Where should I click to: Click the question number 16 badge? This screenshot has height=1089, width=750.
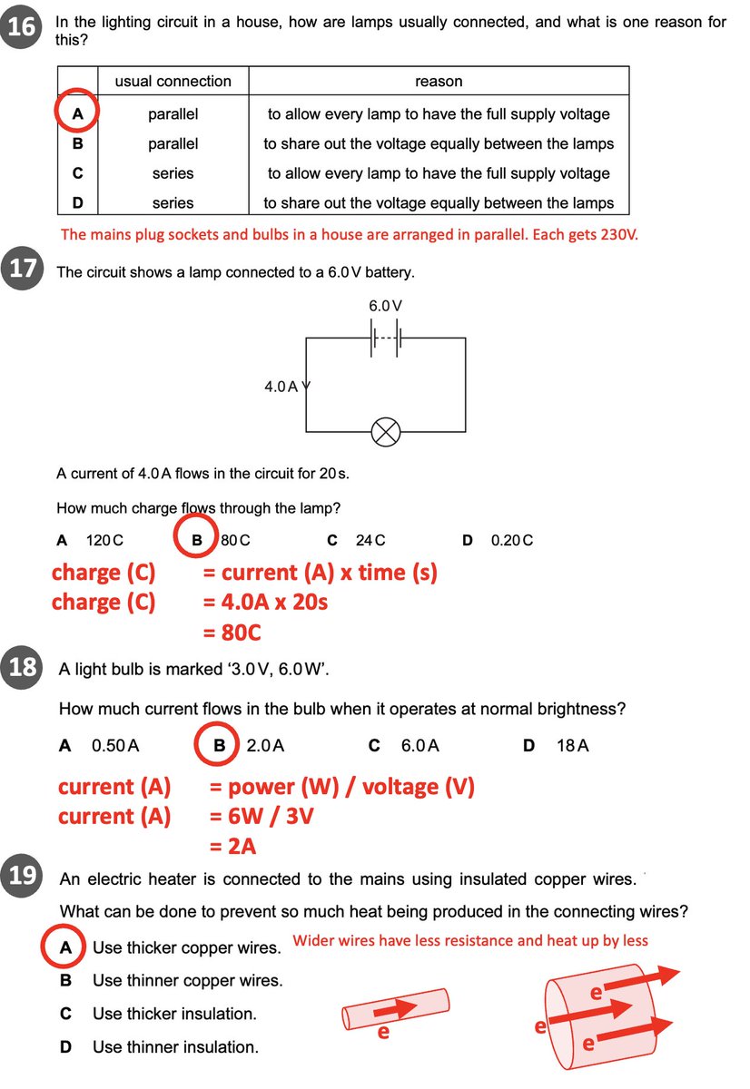(x=22, y=27)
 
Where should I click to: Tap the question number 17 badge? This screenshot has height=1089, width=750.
(x=22, y=270)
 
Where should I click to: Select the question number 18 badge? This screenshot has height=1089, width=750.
(x=22, y=668)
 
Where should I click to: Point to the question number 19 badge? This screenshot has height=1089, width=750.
(x=22, y=877)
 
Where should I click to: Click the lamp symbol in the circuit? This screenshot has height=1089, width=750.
(x=386, y=433)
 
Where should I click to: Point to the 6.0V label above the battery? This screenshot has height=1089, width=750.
(x=385, y=307)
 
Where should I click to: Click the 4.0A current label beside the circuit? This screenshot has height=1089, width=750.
(x=281, y=387)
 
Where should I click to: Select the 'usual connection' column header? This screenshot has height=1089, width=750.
(x=173, y=82)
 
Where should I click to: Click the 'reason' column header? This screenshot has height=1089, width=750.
(x=439, y=82)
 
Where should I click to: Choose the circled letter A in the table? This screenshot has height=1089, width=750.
(x=77, y=114)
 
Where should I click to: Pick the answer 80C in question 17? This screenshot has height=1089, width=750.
(x=235, y=540)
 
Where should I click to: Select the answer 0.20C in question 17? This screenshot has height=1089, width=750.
(x=511, y=540)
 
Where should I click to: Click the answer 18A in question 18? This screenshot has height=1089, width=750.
(x=572, y=746)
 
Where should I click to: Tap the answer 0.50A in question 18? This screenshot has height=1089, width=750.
(x=115, y=746)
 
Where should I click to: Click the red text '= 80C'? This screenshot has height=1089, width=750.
(x=232, y=632)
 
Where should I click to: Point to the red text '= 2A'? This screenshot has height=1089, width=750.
(x=232, y=846)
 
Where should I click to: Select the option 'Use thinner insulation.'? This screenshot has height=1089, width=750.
(x=175, y=1046)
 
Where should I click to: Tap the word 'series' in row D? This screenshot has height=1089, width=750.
(x=173, y=203)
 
